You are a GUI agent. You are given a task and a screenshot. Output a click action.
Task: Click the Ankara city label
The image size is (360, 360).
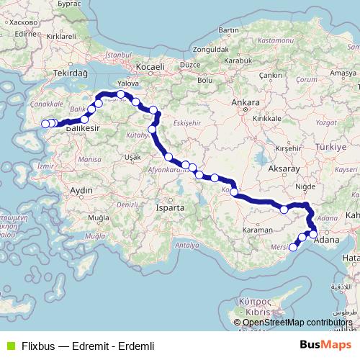[246, 103]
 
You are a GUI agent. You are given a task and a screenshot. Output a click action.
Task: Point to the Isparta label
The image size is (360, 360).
[170, 207]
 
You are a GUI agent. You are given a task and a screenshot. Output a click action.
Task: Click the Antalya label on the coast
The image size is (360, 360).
[186, 245]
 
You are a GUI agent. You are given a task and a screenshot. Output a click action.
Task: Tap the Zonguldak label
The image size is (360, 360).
[212, 50]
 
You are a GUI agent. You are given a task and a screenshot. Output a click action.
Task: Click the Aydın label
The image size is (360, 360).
[81, 190]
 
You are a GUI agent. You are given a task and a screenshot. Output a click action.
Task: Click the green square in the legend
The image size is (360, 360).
[9, 346]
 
